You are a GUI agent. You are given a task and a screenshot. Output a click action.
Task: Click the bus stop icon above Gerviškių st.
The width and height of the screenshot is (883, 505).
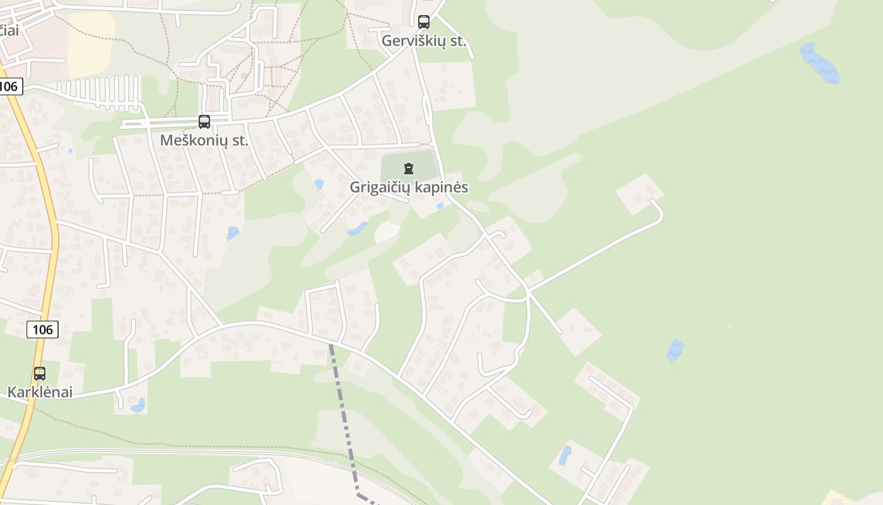(424, 22)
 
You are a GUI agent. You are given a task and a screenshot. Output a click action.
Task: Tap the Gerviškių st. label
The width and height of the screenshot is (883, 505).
(424, 42)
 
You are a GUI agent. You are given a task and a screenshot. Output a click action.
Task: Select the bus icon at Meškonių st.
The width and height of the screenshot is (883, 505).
(204, 122)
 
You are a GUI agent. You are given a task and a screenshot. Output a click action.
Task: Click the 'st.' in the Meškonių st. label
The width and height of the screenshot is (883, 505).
(240, 140)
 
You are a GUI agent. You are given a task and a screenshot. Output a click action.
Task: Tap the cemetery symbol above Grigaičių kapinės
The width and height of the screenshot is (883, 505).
(409, 168)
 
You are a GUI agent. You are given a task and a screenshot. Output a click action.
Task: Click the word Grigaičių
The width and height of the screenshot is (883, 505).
(382, 187)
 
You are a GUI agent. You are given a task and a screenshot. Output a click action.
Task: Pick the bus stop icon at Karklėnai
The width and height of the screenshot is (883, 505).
(40, 374)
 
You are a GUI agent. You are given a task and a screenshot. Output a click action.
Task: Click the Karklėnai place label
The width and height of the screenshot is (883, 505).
(40, 392)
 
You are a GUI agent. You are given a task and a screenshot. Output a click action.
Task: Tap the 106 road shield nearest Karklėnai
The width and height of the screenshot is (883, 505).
(43, 329)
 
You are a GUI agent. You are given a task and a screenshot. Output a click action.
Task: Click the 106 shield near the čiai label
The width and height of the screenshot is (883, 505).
(9, 86)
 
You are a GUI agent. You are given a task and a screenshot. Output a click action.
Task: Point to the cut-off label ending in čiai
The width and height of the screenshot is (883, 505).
(9, 30)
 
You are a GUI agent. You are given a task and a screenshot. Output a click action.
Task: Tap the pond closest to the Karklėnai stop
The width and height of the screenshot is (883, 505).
(137, 405)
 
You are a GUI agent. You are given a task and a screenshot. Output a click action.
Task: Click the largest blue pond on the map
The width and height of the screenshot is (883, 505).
(819, 63)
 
